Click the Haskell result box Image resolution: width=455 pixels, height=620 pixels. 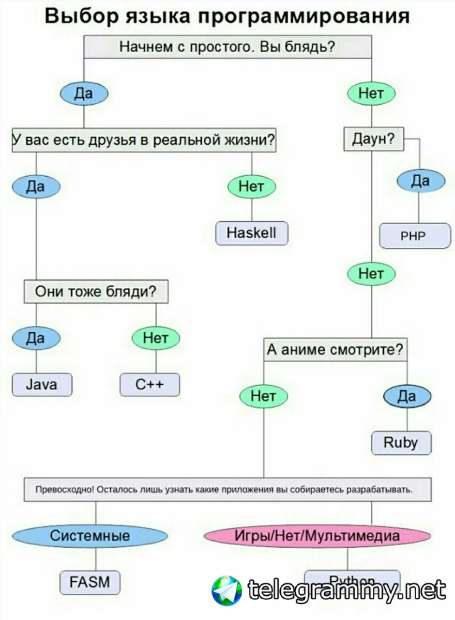pyautogui.click(x=252, y=233)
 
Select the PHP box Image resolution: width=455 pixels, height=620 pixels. pyautogui.click(x=415, y=236)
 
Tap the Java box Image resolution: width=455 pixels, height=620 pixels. pyautogui.click(x=42, y=385)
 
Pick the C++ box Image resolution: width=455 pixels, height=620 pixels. pyautogui.click(x=150, y=385)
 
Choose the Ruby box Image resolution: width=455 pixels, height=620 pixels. pyautogui.click(x=401, y=442)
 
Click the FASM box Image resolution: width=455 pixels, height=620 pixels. pyautogui.click(x=90, y=582)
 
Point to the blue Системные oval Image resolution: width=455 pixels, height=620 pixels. pyautogui.click(x=90, y=536)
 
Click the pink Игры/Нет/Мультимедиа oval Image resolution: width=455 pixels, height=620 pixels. pyautogui.click(x=317, y=536)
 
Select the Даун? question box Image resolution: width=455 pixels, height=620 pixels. pyautogui.click(x=373, y=139)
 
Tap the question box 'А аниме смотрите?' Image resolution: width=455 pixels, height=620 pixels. pyautogui.click(x=335, y=349)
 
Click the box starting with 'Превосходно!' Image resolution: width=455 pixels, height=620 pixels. pyautogui.click(x=227, y=489)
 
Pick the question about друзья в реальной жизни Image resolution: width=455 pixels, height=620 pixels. pyautogui.click(x=144, y=140)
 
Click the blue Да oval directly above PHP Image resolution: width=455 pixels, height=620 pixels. pyautogui.click(x=420, y=181)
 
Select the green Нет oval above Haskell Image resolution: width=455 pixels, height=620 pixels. pyautogui.click(x=251, y=186)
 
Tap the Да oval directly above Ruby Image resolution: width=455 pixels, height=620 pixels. pyautogui.click(x=407, y=397)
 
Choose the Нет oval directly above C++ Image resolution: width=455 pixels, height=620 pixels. pyautogui.click(x=155, y=338)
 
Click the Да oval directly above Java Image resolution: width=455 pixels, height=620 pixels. pyautogui.click(x=36, y=338)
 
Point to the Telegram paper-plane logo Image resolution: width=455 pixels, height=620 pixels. pyautogui.click(x=227, y=590)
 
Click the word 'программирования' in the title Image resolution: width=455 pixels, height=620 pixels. pyautogui.click(x=304, y=16)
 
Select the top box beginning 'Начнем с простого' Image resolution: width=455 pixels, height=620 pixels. pyautogui.click(x=227, y=47)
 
